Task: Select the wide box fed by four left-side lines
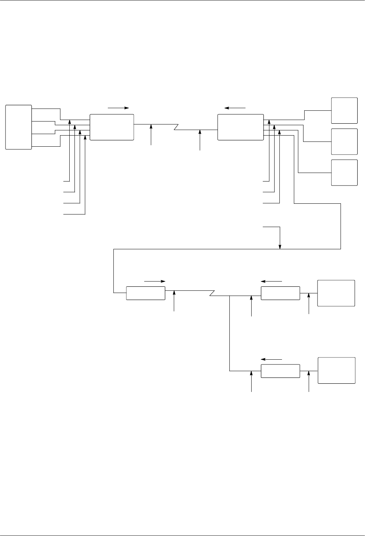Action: (x=112, y=127)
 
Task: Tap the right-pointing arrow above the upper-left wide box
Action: (x=118, y=108)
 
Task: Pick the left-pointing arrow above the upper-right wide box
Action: (x=235, y=108)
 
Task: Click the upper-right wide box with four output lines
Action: (x=240, y=127)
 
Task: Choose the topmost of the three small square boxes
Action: (x=344, y=110)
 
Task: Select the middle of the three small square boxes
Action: (x=344, y=142)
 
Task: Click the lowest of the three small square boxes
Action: (x=344, y=173)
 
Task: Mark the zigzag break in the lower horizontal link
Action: (x=212, y=293)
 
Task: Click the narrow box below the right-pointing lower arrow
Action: (x=146, y=293)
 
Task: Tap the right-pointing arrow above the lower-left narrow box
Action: (x=155, y=282)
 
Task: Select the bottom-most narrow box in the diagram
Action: (x=281, y=371)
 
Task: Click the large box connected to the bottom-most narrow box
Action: (x=336, y=370)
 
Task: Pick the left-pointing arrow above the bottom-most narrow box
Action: (x=272, y=359)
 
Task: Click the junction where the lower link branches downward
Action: (x=230, y=296)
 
